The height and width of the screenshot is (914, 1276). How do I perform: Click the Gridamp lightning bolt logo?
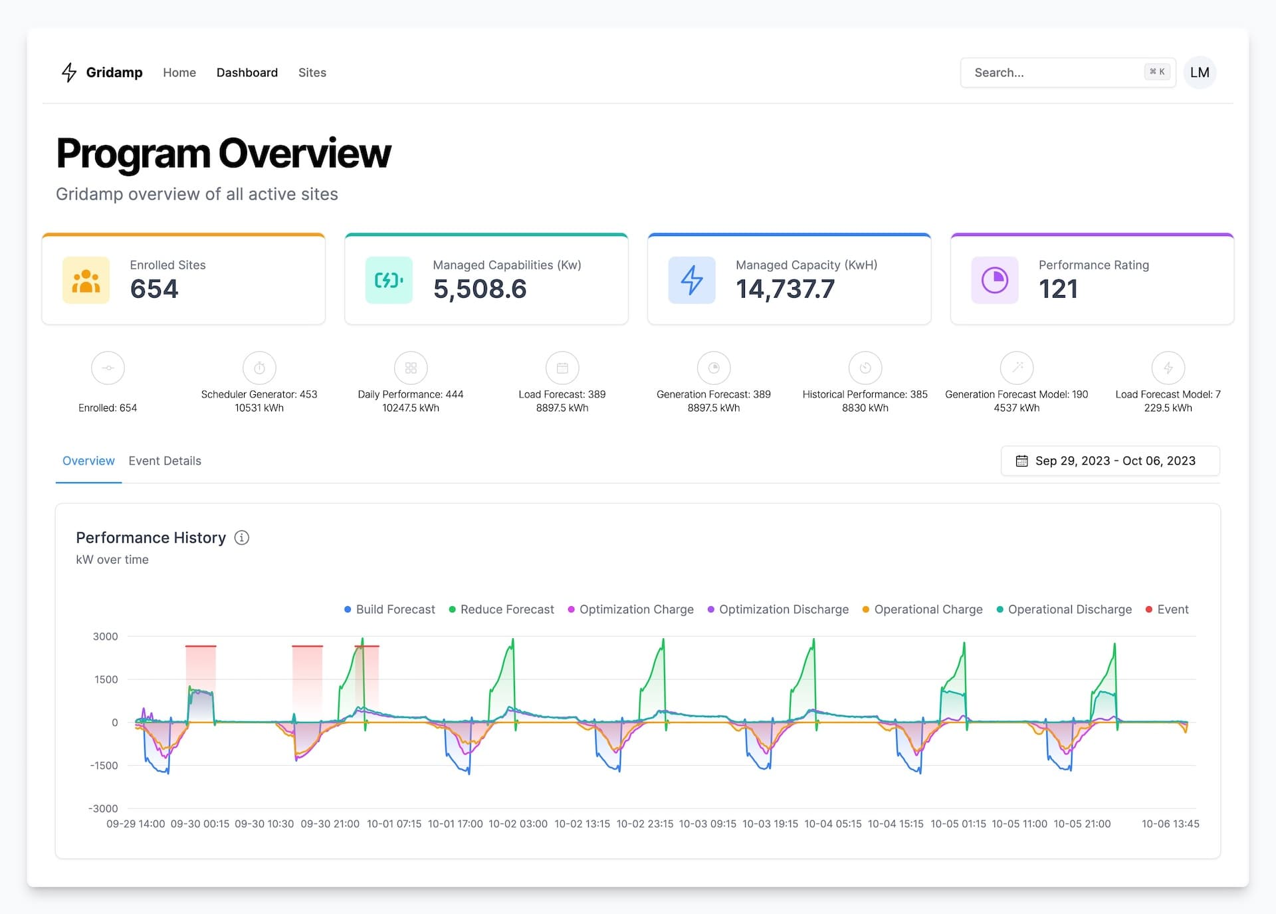point(69,72)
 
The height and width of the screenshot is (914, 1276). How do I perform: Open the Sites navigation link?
point(312,72)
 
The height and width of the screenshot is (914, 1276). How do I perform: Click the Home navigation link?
point(179,72)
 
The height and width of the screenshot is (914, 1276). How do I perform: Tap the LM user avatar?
point(1200,72)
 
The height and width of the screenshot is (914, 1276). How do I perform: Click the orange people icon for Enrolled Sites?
point(86,281)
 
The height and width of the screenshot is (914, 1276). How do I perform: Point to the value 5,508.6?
point(480,289)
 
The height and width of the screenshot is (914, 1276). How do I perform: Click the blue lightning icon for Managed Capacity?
point(692,281)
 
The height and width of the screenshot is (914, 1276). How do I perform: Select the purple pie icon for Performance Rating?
point(995,281)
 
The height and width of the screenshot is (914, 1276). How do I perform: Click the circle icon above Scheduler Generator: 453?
point(259,368)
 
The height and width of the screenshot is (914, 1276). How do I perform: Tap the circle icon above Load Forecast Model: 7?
point(1168,368)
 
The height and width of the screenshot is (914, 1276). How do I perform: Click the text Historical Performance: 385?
point(865,394)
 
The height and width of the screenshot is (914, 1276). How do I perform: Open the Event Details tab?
point(165,461)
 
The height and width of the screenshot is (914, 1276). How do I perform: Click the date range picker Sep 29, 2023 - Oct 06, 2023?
point(1110,461)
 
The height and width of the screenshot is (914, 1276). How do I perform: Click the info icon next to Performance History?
point(242,538)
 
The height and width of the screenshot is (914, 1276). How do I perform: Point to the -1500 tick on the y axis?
point(104,766)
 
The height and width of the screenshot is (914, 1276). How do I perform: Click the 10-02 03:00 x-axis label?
point(518,824)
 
